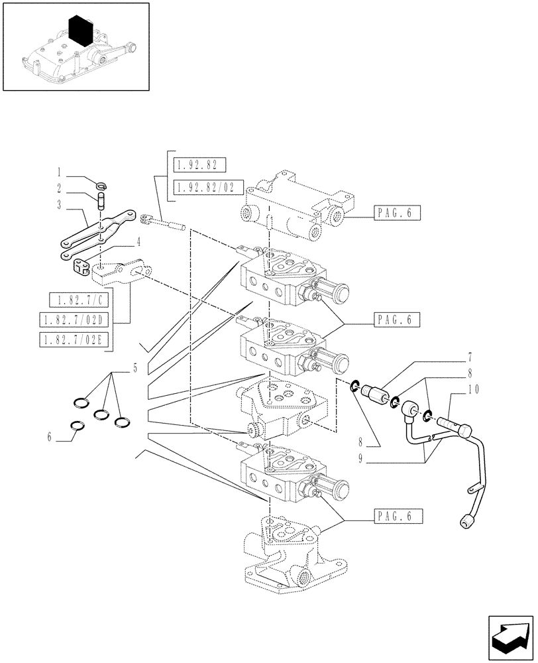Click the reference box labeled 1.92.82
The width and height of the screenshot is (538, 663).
199,164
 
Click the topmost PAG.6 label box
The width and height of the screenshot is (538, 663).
396,213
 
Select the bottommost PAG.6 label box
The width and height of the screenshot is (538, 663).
396,515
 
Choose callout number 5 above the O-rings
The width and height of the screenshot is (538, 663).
134,368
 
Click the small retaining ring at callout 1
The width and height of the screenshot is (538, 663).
103,186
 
